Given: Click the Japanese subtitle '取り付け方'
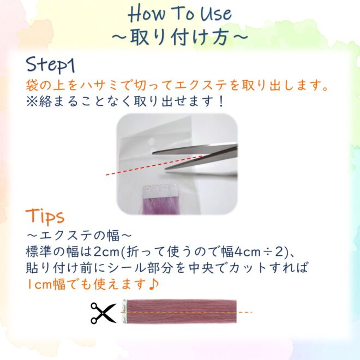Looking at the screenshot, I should [180, 36].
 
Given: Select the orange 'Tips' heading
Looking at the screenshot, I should [45, 215].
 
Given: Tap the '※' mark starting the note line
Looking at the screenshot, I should [32, 101].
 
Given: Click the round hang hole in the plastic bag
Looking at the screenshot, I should [151, 140].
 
